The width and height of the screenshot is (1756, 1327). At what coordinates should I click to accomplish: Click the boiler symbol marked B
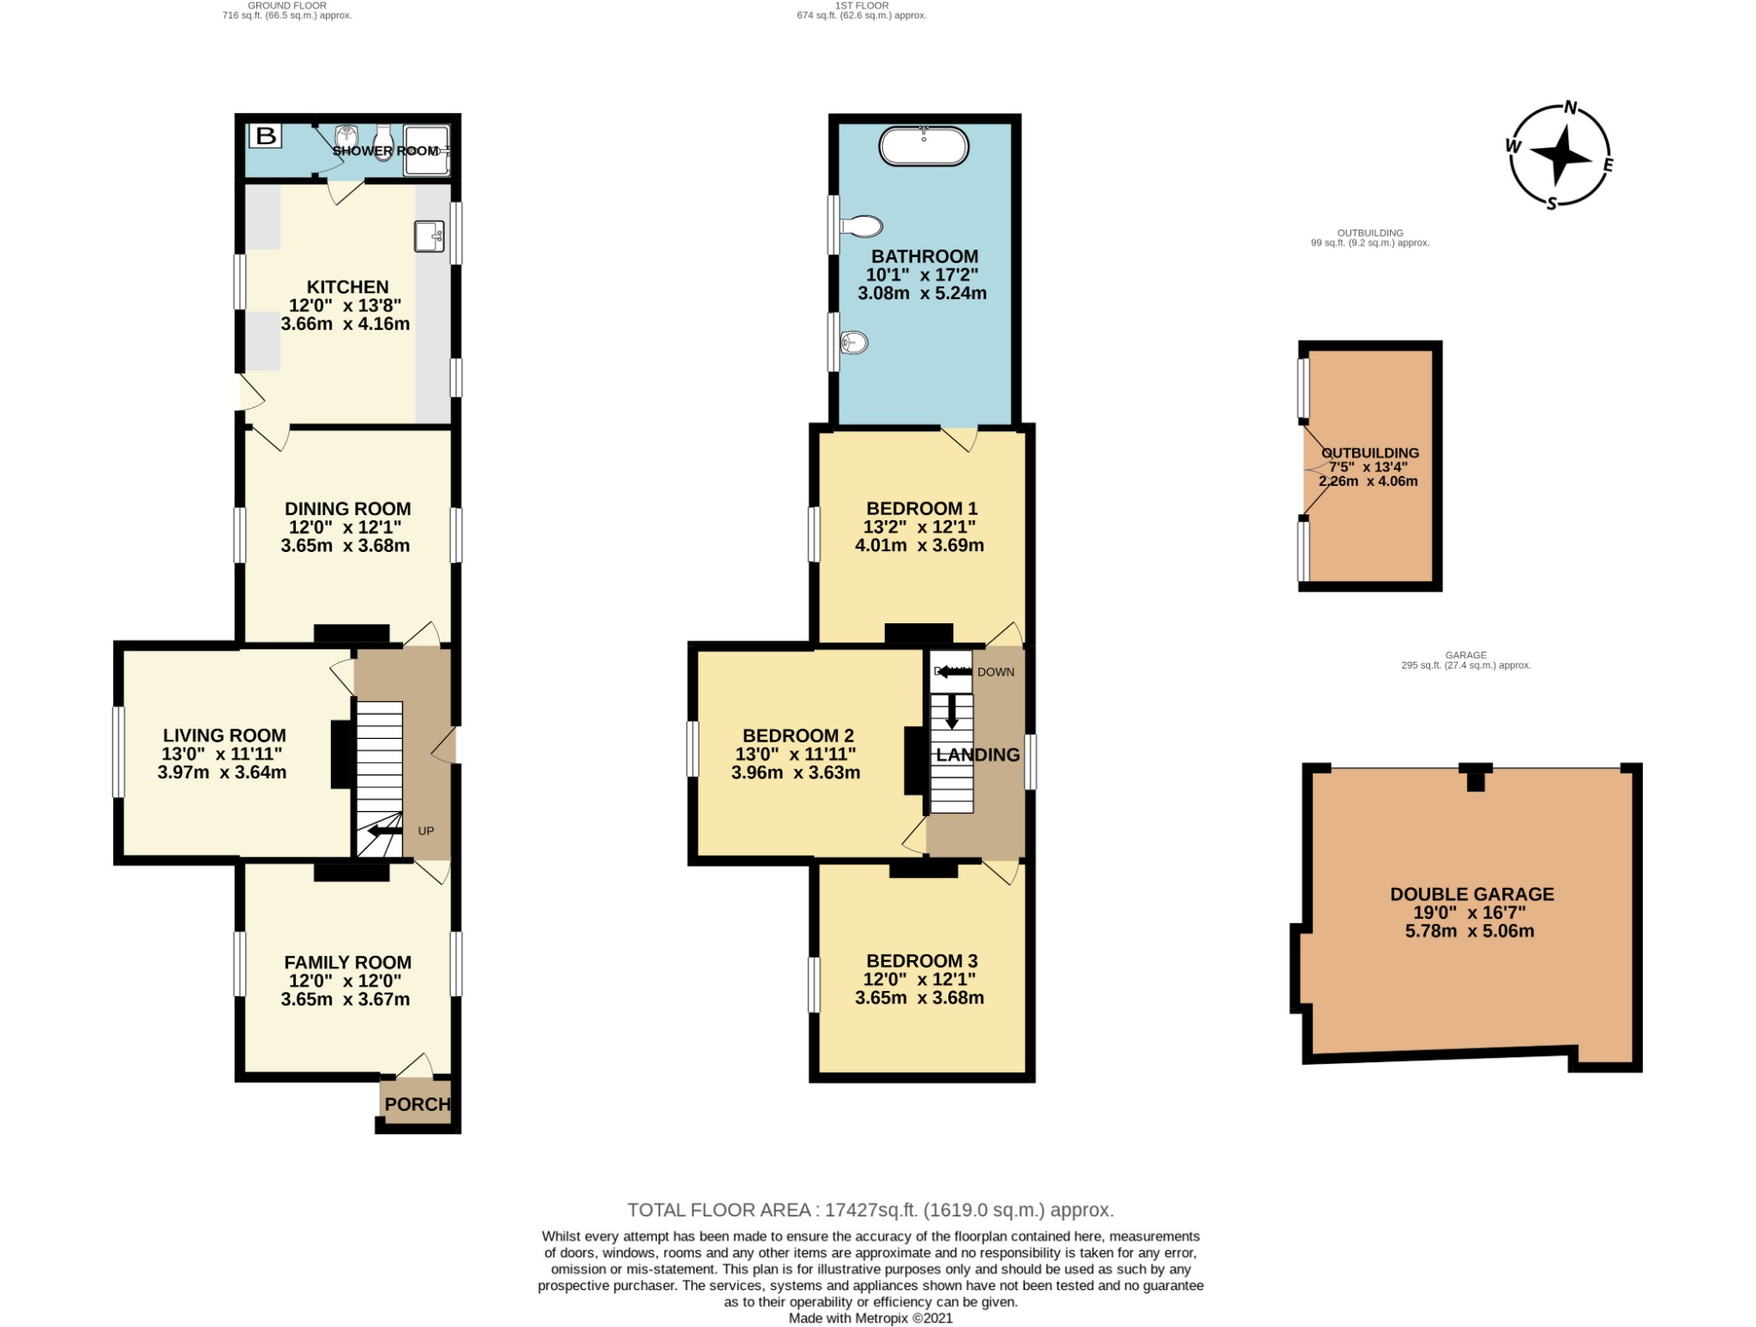click(x=266, y=135)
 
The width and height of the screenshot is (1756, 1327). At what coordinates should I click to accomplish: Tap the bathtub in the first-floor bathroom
click(x=923, y=147)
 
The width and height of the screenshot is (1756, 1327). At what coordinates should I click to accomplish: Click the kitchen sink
click(x=430, y=236)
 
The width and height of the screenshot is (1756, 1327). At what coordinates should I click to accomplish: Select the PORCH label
click(x=418, y=1104)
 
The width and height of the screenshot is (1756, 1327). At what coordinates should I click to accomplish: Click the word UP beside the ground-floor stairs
click(x=426, y=831)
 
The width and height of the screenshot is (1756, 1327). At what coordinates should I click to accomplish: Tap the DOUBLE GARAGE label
click(x=1471, y=894)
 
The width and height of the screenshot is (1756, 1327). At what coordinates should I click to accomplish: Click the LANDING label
click(x=978, y=754)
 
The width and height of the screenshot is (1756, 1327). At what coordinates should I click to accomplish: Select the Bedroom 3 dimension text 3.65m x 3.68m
click(x=919, y=998)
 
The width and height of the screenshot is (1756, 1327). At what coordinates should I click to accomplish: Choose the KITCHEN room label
click(x=348, y=287)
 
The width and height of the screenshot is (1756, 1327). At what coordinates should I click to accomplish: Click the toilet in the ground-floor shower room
click(x=383, y=144)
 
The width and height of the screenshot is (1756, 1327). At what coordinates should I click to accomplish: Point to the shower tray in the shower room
click(x=426, y=150)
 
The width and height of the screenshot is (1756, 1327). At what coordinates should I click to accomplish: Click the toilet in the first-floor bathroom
click(x=861, y=226)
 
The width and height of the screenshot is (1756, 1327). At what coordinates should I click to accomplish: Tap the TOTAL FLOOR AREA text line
click(x=870, y=1210)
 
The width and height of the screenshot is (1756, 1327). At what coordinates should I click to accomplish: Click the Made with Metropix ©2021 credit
click(x=870, y=1318)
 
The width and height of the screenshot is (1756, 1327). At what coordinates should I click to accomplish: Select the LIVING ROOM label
click(x=225, y=736)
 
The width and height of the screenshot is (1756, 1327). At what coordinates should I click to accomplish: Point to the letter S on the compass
click(x=1551, y=204)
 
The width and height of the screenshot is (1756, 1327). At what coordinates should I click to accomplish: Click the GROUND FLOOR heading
click(x=287, y=5)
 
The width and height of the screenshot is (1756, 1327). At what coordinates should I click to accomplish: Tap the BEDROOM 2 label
click(x=798, y=736)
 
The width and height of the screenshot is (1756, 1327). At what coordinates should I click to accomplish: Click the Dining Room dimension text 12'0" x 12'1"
click(x=346, y=527)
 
